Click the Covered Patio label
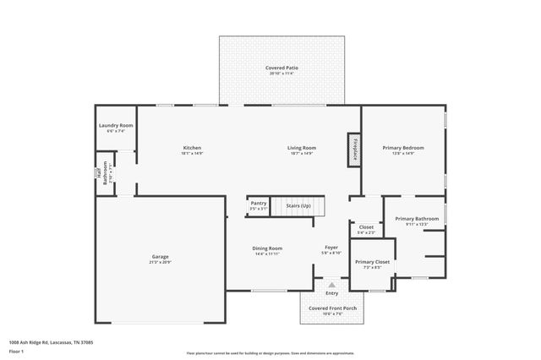click(282, 68)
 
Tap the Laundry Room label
click(116, 125)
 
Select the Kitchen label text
click(192, 148)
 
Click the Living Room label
click(302, 148)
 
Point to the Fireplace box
click(354, 148)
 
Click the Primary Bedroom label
click(403, 148)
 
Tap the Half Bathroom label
click(104, 172)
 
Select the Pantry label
click(258, 203)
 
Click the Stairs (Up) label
click(298, 205)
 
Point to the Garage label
click(160, 256)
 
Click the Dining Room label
click(267, 248)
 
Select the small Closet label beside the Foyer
click(366, 226)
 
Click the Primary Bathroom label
click(417, 219)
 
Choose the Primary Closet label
click(371, 262)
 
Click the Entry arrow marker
click(331, 285)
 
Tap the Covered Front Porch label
click(331, 308)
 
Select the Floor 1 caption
click(17, 350)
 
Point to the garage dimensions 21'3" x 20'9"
click(160, 262)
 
